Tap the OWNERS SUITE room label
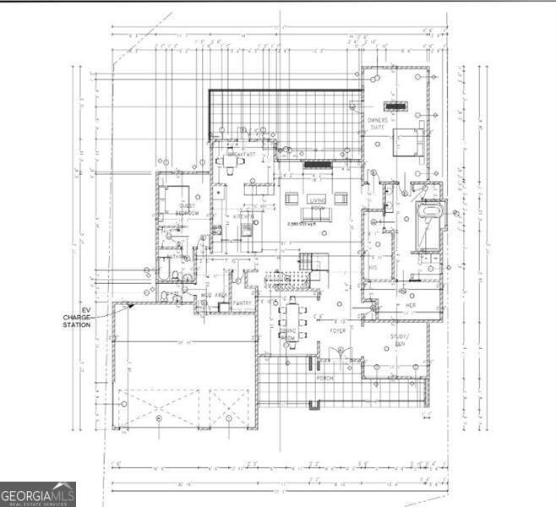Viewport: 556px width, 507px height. pyautogui.click(x=377, y=125)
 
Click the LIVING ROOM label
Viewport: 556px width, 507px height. pyautogui.click(x=317, y=203)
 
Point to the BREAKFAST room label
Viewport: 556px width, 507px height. pyautogui.click(x=240, y=155)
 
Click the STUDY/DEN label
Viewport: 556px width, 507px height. pyautogui.click(x=399, y=341)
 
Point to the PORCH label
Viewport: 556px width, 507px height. pyautogui.click(x=325, y=378)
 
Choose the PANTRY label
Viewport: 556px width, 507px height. pyautogui.click(x=243, y=302)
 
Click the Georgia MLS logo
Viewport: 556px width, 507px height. pyautogui.click(x=38, y=493)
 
